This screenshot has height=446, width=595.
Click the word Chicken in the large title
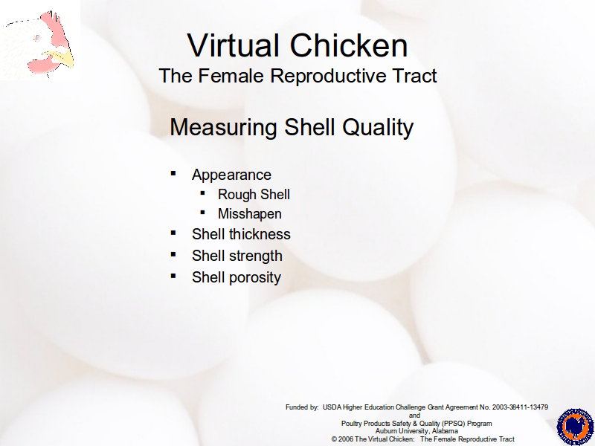click(x=349, y=45)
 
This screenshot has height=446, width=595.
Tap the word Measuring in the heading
click(x=223, y=127)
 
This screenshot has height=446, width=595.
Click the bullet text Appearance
click(x=231, y=175)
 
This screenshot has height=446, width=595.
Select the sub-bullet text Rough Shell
click(x=254, y=195)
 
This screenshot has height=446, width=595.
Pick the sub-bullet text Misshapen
click(x=250, y=214)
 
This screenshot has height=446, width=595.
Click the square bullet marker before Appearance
click(x=173, y=174)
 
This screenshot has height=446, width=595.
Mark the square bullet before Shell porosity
click(x=173, y=276)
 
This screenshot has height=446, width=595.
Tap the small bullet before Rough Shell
click(x=202, y=193)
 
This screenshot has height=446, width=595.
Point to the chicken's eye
click(x=37, y=38)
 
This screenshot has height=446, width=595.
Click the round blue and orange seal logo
click(x=576, y=427)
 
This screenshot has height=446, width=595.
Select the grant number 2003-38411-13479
click(x=520, y=407)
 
